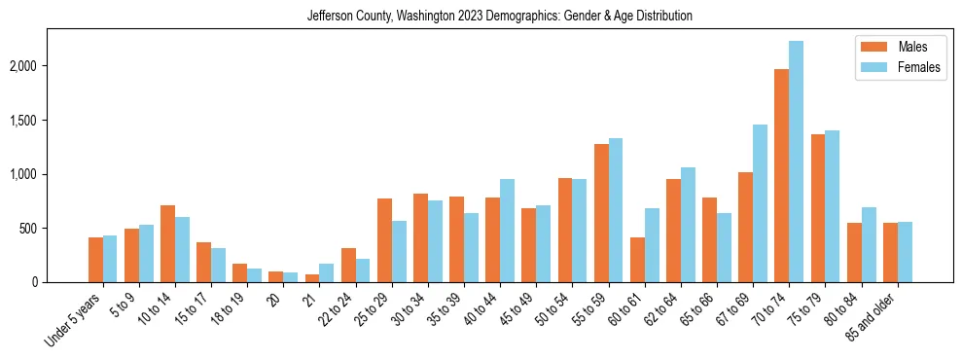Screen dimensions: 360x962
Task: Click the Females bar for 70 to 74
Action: (x=797, y=162)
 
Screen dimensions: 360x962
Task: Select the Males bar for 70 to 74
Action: (x=782, y=175)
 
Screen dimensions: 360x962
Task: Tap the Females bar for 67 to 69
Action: (x=761, y=203)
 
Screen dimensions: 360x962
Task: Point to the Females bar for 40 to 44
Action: (x=507, y=231)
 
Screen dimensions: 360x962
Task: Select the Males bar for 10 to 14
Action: (x=168, y=243)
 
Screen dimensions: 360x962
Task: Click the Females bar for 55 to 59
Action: (x=616, y=210)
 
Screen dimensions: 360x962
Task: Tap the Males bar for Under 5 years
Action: (x=95, y=260)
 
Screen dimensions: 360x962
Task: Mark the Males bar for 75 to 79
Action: (x=818, y=208)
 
